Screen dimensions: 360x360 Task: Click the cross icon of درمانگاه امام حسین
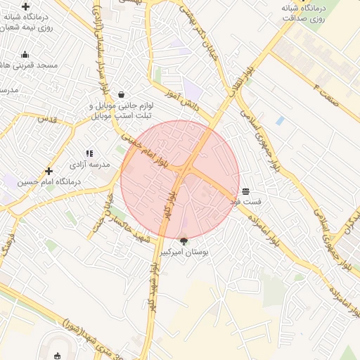coord(49,171)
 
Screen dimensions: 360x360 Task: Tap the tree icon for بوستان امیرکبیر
coord(184,241)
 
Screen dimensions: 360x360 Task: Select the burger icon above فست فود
coord(245,192)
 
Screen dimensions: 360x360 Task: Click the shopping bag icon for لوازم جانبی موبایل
coord(122,94)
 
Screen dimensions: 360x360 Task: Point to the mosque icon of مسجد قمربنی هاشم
coord(25,55)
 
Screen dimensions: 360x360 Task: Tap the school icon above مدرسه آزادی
coord(89,153)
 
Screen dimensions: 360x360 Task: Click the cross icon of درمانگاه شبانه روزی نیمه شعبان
coord(25,6)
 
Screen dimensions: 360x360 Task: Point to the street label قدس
coord(47,120)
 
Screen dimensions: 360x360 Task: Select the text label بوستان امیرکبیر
coord(184,252)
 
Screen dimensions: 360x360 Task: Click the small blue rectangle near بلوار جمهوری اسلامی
coord(281,121)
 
